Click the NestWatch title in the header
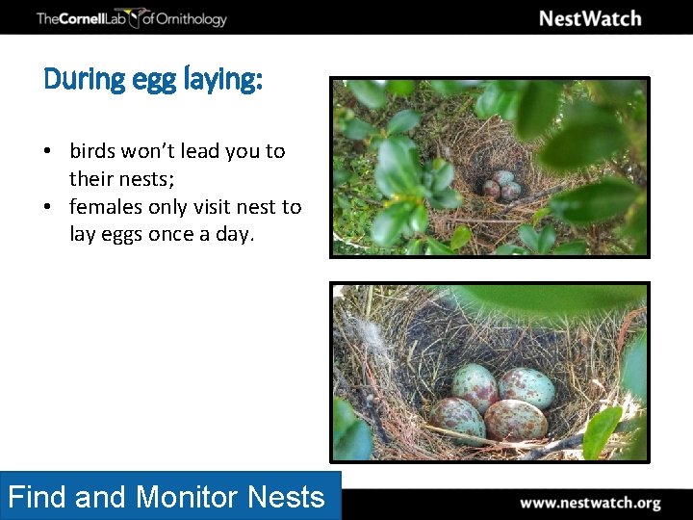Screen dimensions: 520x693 click(x=589, y=18)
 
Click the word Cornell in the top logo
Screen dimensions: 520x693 click(x=86, y=18)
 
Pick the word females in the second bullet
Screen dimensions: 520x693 click(x=106, y=207)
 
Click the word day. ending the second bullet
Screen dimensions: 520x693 click(x=234, y=234)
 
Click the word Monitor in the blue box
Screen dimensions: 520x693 click(x=188, y=497)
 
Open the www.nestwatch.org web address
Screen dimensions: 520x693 click(x=590, y=503)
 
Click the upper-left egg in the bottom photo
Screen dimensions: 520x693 click(x=475, y=386)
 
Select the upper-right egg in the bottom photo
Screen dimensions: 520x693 click(x=526, y=387)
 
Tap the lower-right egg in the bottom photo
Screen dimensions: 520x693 click(x=515, y=420)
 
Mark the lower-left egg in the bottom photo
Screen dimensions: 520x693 click(x=456, y=418)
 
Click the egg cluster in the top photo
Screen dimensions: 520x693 click(x=502, y=185)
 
